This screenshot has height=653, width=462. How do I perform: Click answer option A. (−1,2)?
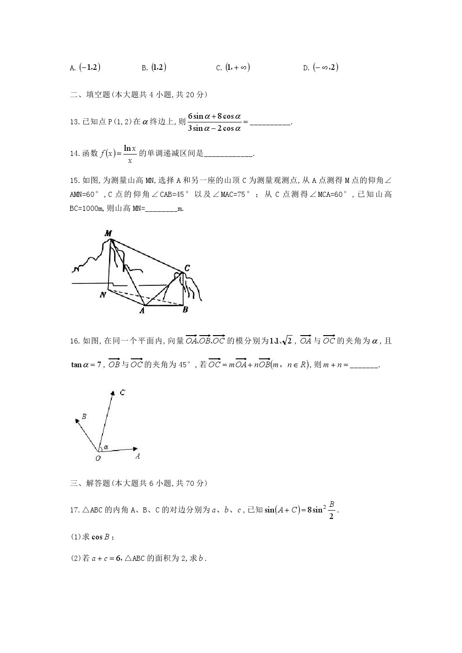[x=86, y=67]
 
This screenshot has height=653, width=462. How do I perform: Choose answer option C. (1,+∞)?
[x=233, y=67]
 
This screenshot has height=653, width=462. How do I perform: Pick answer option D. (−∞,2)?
[x=321, y=67]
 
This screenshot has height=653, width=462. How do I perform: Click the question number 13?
[x=75, y=122]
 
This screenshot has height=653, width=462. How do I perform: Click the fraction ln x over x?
[x=130, y=154]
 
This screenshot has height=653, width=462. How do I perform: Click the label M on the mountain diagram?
[x=108, y=233]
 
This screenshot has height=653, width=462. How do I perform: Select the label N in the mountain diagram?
[x=103, y=295]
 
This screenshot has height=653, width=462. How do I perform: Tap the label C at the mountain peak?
[x=187, y=268]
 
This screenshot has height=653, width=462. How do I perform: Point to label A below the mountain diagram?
[x=142, y=311]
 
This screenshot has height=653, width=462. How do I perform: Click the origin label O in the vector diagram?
[x=98, y=458]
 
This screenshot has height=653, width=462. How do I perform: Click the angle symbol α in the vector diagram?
[x=106, y=447]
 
